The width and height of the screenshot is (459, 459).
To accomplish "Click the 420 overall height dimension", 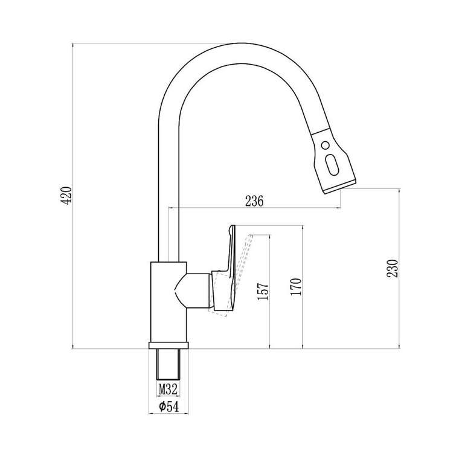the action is (x=66, y=195).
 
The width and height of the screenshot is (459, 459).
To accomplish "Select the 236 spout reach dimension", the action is (x=254, y=201).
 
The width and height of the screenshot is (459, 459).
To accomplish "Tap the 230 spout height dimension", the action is (x=393, y=268).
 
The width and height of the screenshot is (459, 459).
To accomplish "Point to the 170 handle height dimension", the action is (x=296, y=287).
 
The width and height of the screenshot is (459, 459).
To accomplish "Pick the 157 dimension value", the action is (x=263, y=291).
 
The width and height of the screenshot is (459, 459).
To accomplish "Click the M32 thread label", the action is (x=168, y=390).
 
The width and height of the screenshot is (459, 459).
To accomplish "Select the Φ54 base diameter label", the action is (x=169, y=406).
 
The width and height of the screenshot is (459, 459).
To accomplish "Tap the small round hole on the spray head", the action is (x=325, y=145).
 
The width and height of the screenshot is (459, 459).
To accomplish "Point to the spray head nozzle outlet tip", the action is (x=340, y=187).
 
